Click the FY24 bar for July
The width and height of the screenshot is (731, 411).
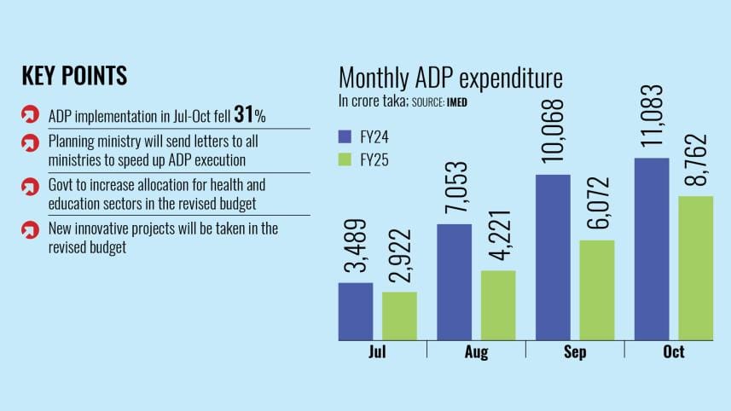tap(355, 310)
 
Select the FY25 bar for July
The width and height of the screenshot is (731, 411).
tap(399, 315)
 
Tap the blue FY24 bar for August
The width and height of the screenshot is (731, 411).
tap(454, 281)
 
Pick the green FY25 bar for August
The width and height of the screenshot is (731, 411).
tap(498, 304)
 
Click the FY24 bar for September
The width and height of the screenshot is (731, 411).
tap(553, 257)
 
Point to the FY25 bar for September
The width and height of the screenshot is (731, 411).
tap(597, 289)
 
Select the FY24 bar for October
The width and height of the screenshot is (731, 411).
tap(652, 248)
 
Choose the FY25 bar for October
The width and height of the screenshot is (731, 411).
tap(696, 267)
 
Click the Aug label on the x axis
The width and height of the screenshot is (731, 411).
tap(475, 352)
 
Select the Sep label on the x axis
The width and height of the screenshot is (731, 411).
tap(574, 352)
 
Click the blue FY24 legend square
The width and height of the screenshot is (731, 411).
tap(345, 136)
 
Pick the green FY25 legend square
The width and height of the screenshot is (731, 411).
tap(345, 159)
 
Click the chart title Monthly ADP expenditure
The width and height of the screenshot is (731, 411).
tap(450, 78)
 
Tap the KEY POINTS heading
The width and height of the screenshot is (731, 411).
tap(74, 76)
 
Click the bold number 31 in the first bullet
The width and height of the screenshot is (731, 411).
tap(243, 115)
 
